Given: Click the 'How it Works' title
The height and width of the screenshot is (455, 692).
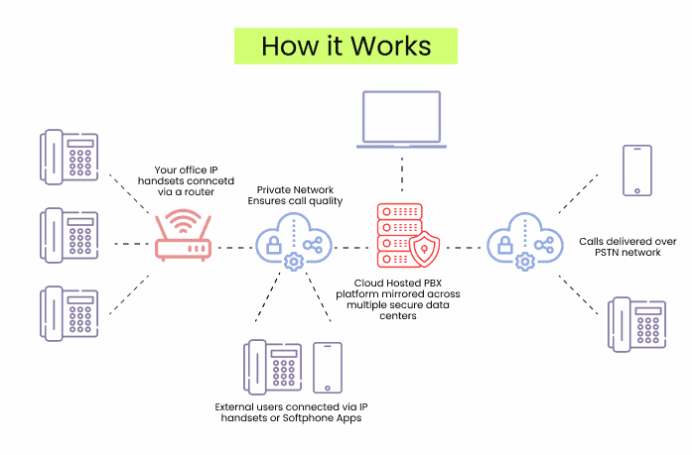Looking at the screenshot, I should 346,47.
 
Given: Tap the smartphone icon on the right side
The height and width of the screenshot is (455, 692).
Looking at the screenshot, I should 635,171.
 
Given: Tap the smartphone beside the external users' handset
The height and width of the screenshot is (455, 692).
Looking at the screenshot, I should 328,368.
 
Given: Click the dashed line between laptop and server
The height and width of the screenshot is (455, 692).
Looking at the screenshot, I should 401,179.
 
